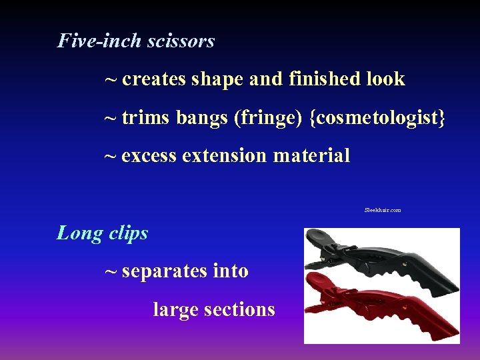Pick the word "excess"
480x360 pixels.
149,156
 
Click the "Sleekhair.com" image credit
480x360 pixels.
383,210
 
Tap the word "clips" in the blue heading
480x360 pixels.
127,233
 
